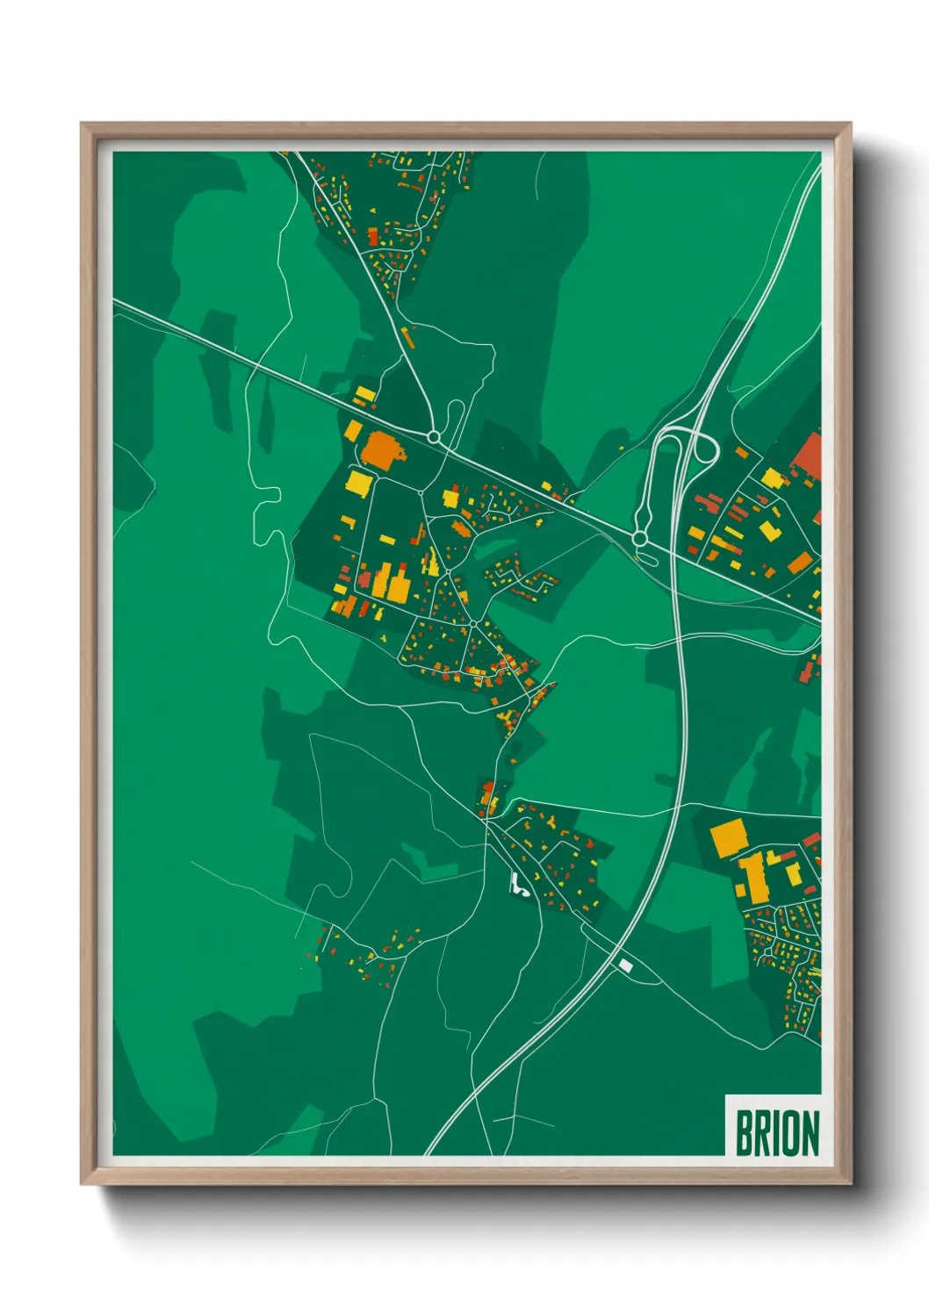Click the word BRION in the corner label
[776, 1133]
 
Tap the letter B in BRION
[744, 1133]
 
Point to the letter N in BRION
[809, 1133]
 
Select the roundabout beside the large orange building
[433, 436]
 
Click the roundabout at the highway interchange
[640, 537]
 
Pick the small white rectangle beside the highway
[625, 965]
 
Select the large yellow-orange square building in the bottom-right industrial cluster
[727, 837]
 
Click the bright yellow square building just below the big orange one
[359, 483]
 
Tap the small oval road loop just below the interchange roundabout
[645, 556]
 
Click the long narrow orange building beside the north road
[407, 337]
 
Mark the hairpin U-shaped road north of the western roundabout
[456, 420]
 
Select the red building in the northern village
[372, 237]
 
